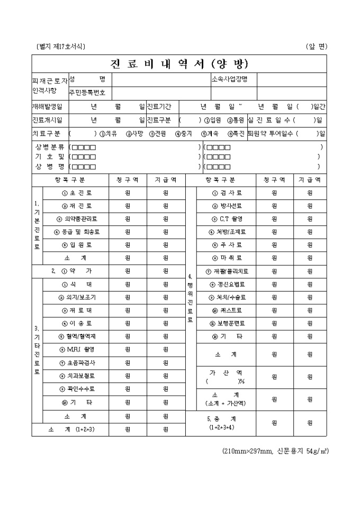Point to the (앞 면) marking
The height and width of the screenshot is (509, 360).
point(317,47)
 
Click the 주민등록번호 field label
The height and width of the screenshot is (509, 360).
point(87,93)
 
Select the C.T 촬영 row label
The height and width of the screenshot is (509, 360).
point(227,219)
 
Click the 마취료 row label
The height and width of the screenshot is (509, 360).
point(227,258)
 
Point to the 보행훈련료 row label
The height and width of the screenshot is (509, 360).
point(227,323)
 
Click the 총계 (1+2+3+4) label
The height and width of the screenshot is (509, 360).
point(221,422)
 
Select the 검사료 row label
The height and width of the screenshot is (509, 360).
point(227,193)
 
